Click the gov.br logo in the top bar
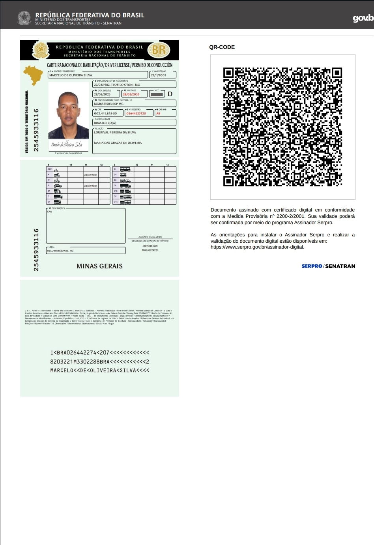363,18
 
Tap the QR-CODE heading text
222,47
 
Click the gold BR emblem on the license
159,50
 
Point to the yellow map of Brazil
34,75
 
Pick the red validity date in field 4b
131,94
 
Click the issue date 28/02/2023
102,94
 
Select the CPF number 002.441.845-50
105,113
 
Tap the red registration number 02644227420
136,113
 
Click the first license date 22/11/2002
159,75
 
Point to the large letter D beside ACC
170,94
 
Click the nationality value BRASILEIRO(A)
105,123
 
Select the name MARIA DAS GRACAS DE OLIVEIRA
118,143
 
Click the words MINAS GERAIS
99,266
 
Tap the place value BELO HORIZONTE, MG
60,251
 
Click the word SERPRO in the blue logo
312,266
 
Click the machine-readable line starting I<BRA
99,352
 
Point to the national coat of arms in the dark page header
24,18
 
